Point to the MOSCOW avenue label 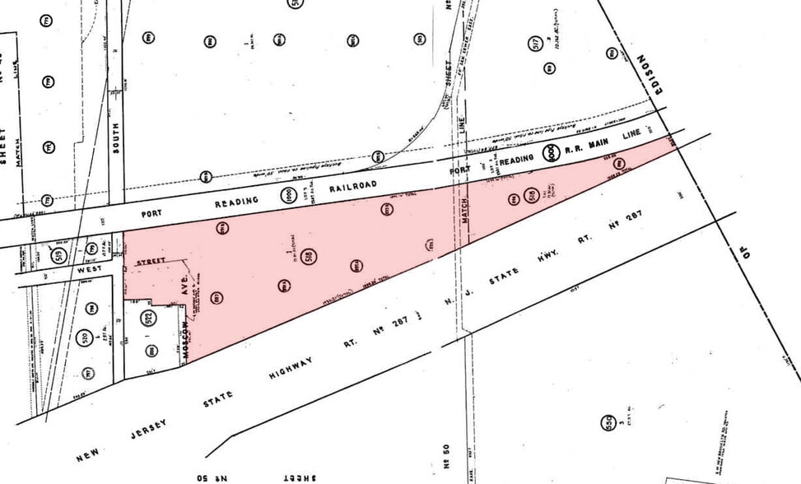click(x=187, y=338)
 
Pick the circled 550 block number click(x=609, y=421)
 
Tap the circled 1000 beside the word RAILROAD click(x=287, y=196)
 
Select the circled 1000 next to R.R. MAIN click(x=549, y=152)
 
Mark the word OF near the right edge click(x=747, y=252)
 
